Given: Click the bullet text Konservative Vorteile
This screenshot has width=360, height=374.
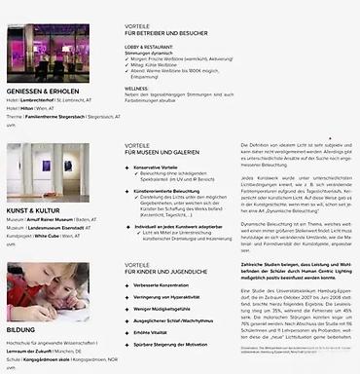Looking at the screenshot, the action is pyautogui.click(x=162, y=167).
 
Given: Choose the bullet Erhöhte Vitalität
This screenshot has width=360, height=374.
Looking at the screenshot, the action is pyautogui.click(x=159, y=332).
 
